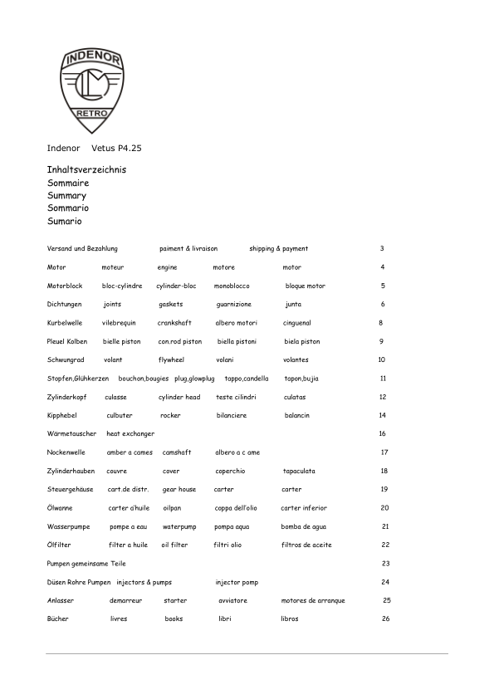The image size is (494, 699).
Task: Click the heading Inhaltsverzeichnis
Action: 86,169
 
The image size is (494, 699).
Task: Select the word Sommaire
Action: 68,182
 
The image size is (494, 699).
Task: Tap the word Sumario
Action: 65,222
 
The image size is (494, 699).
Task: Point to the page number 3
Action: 382,248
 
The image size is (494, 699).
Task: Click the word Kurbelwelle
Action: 64,323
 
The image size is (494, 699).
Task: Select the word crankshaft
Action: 174,323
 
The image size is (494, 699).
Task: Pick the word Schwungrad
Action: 66,360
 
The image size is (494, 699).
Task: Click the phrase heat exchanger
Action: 130,434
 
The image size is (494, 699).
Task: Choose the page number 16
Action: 382,434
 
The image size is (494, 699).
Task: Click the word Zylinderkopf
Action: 67,398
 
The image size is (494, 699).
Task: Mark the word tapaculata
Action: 298,471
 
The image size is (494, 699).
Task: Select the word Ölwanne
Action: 61,508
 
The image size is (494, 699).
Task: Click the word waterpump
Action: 179,526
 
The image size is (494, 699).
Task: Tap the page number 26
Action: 385,619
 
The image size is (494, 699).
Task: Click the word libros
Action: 290,619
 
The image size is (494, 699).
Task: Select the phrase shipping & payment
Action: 278,248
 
